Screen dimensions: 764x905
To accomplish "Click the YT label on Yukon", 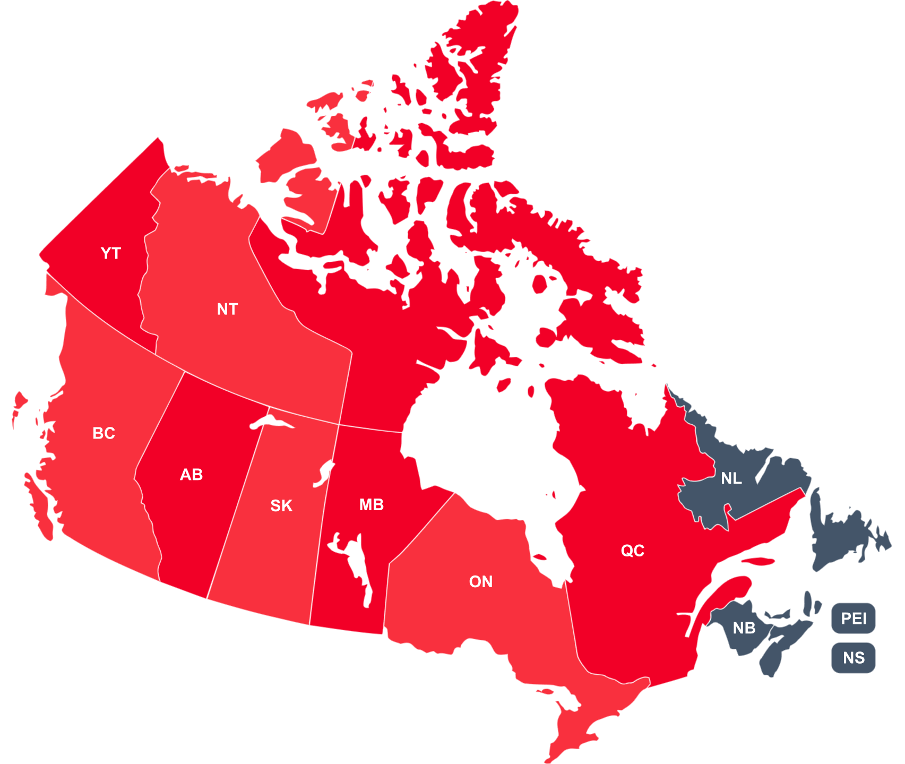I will (111, 253).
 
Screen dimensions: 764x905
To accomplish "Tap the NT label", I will (227, 309).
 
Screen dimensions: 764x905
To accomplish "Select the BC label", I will (104, 433).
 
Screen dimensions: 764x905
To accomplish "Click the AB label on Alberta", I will (191, 475).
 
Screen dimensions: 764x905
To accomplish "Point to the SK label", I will (281, 506).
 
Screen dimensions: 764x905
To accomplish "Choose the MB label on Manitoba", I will (372, 505).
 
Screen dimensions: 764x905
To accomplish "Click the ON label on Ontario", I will (481, 582).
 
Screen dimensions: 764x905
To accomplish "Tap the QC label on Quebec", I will (633, 551).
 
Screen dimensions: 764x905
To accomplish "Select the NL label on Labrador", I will (731, 478).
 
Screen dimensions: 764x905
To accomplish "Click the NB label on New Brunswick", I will (744, 628).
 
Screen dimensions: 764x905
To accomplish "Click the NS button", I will (854, 658).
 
